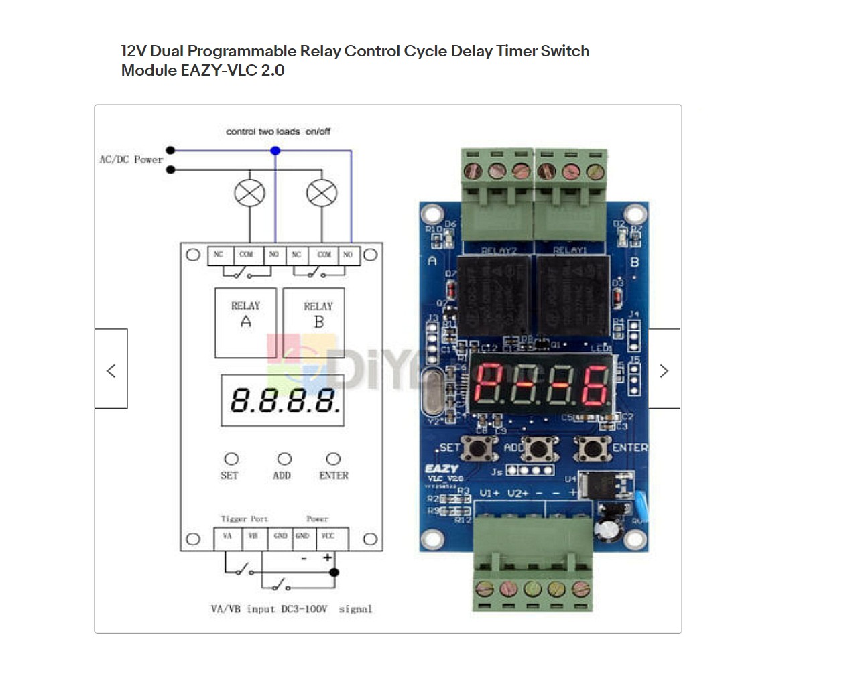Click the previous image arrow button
coord(111,369)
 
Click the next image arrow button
coord(664,369)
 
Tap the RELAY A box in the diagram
coord(245,322)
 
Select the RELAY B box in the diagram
coord(314,322)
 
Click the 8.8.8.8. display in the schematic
coord(282,401)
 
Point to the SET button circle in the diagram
coord(231,459)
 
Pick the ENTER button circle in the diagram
coord(333,459)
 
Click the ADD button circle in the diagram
coord(284,459)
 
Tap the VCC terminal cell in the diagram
coord(328,537)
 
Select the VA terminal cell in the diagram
coord(227,537)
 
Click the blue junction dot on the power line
coord(275,151)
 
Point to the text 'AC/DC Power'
coord(131,160)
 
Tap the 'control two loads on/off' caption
coord(278,131)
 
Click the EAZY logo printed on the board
coord(442,469)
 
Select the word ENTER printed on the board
coord(629,448)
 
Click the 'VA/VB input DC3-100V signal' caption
coord(291,609)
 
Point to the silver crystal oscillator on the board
coord(434,392)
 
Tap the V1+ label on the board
coord(489,494)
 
